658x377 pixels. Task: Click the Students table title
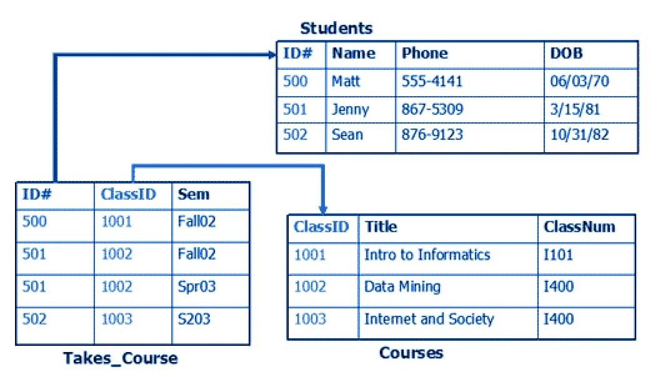[336, 28]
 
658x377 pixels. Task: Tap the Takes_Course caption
[121, 358]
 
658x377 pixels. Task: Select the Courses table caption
[411, 353]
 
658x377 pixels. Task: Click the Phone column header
[425, 53]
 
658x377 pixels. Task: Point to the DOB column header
[567, 53]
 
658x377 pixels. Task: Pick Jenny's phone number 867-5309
[432, 109]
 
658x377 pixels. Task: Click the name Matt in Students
[346, 81]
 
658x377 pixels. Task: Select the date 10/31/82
[579, 134]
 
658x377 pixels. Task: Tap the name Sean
[347, 135]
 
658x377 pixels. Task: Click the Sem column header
[194, 194]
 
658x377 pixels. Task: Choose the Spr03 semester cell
[196, 286]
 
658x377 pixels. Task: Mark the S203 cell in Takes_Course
[194, 319]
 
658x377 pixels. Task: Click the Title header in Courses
[381, 227]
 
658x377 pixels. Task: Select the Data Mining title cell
[402, 286]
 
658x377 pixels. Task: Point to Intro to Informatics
[427, 255]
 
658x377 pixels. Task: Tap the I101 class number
[558, 255]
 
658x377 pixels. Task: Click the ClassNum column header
[579, 227]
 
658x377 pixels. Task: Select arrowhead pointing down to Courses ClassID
[322, 209]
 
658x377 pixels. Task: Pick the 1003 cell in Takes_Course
[117, 319]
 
